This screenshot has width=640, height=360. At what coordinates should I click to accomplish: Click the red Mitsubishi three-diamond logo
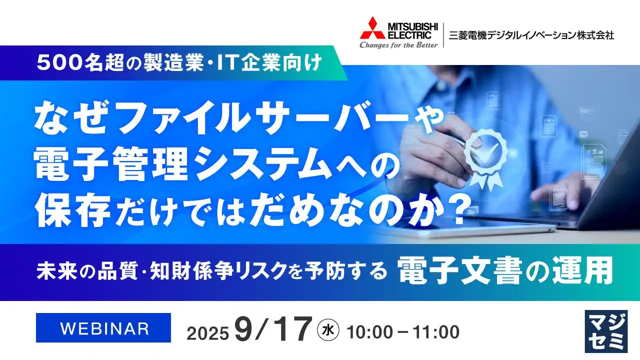tap(372, 28)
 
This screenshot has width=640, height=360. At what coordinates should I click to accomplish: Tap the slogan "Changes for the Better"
tap(398, 44)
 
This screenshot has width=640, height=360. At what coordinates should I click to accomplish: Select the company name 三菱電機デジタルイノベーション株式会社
tap(531, 35)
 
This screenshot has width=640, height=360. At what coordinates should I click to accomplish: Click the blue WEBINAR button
tap(104, 328)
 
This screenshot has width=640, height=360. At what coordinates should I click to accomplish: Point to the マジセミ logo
tap(605, 331)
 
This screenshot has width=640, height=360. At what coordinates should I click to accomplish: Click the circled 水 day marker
tap(328, 329)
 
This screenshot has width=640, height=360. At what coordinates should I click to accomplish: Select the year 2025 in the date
tap(208, 333)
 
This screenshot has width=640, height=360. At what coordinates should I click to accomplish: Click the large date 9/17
tap(272, 329)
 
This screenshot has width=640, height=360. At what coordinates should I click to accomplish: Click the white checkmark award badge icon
tap(485, 150)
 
